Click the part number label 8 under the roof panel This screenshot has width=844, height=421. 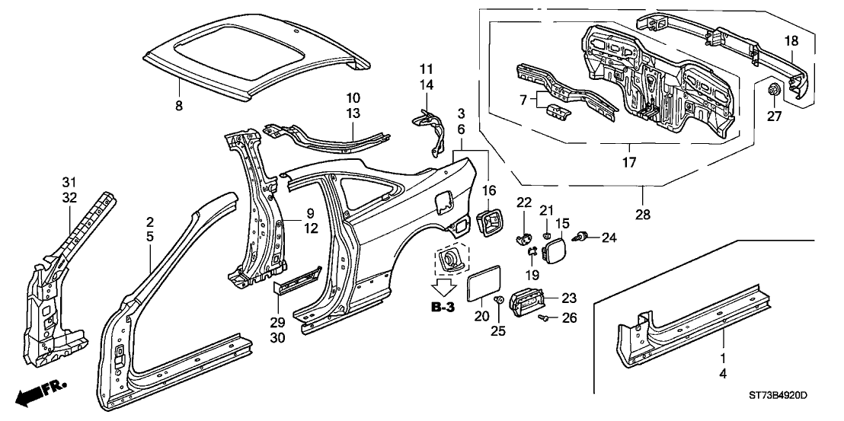pos(180,107)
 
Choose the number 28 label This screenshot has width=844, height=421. pos(644,215)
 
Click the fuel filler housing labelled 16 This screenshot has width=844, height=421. pos(489,224)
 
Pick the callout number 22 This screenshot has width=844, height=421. pos(523,201)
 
